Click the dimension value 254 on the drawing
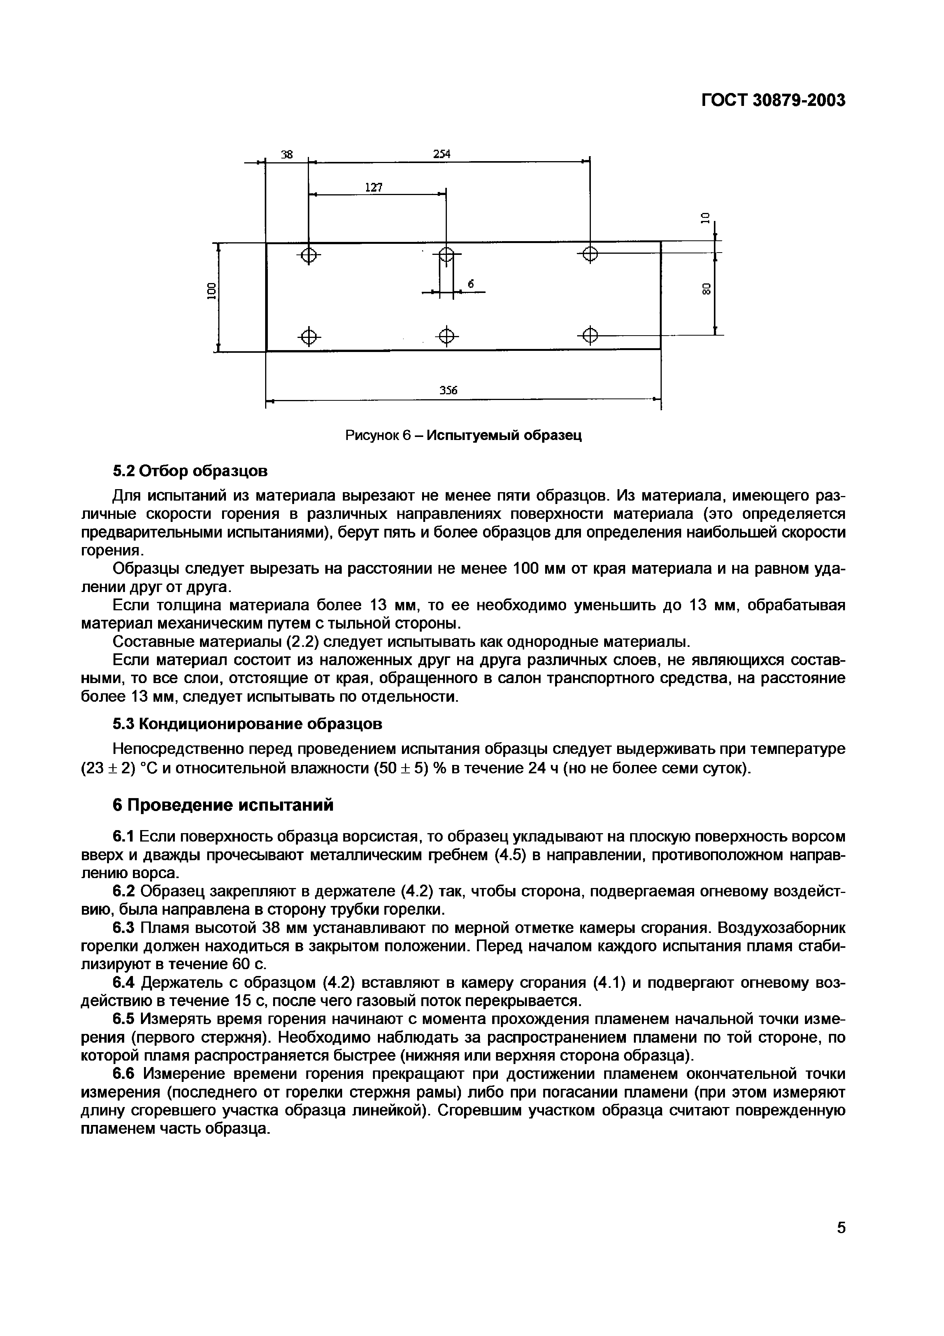(x=442, y=154)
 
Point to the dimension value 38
(x=287, y=155)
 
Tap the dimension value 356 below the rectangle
(x=448, y=390)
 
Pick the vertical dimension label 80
(x=706, y=289)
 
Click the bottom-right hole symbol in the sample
(x=590, y=336)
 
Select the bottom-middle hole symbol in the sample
(x=446, y=336)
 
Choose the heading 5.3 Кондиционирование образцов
(x=247, y=724)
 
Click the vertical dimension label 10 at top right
(x=706, y=218)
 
